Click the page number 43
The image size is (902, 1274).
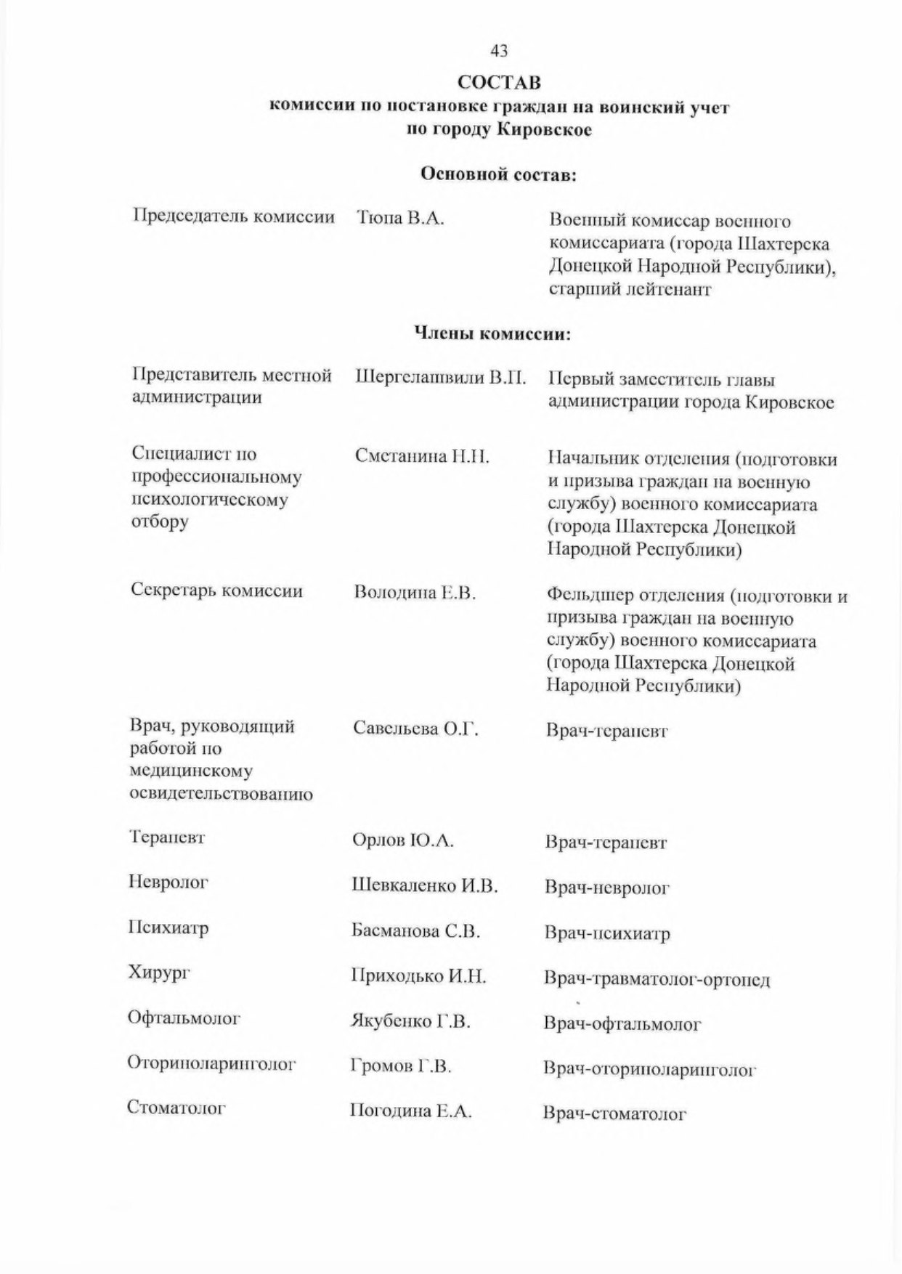click(499, 51)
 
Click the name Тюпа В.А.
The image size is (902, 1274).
click(400, 218)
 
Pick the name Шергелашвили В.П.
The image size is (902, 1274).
click(440, 378)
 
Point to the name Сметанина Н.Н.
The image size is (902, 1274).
click(422, 456)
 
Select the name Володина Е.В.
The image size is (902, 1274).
click(415, 593)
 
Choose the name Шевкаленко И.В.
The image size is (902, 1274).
click(424, 885)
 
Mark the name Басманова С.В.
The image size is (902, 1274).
click(415, 931)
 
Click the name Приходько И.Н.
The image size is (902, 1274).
click(418, 976)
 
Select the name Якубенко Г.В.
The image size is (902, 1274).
click(411, 1021)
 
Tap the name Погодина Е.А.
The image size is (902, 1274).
click(411, 1111)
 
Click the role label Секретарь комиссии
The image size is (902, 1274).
click(216, 590)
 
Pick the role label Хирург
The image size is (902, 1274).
click(158, 972)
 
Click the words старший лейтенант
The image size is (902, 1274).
click(630, 289)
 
